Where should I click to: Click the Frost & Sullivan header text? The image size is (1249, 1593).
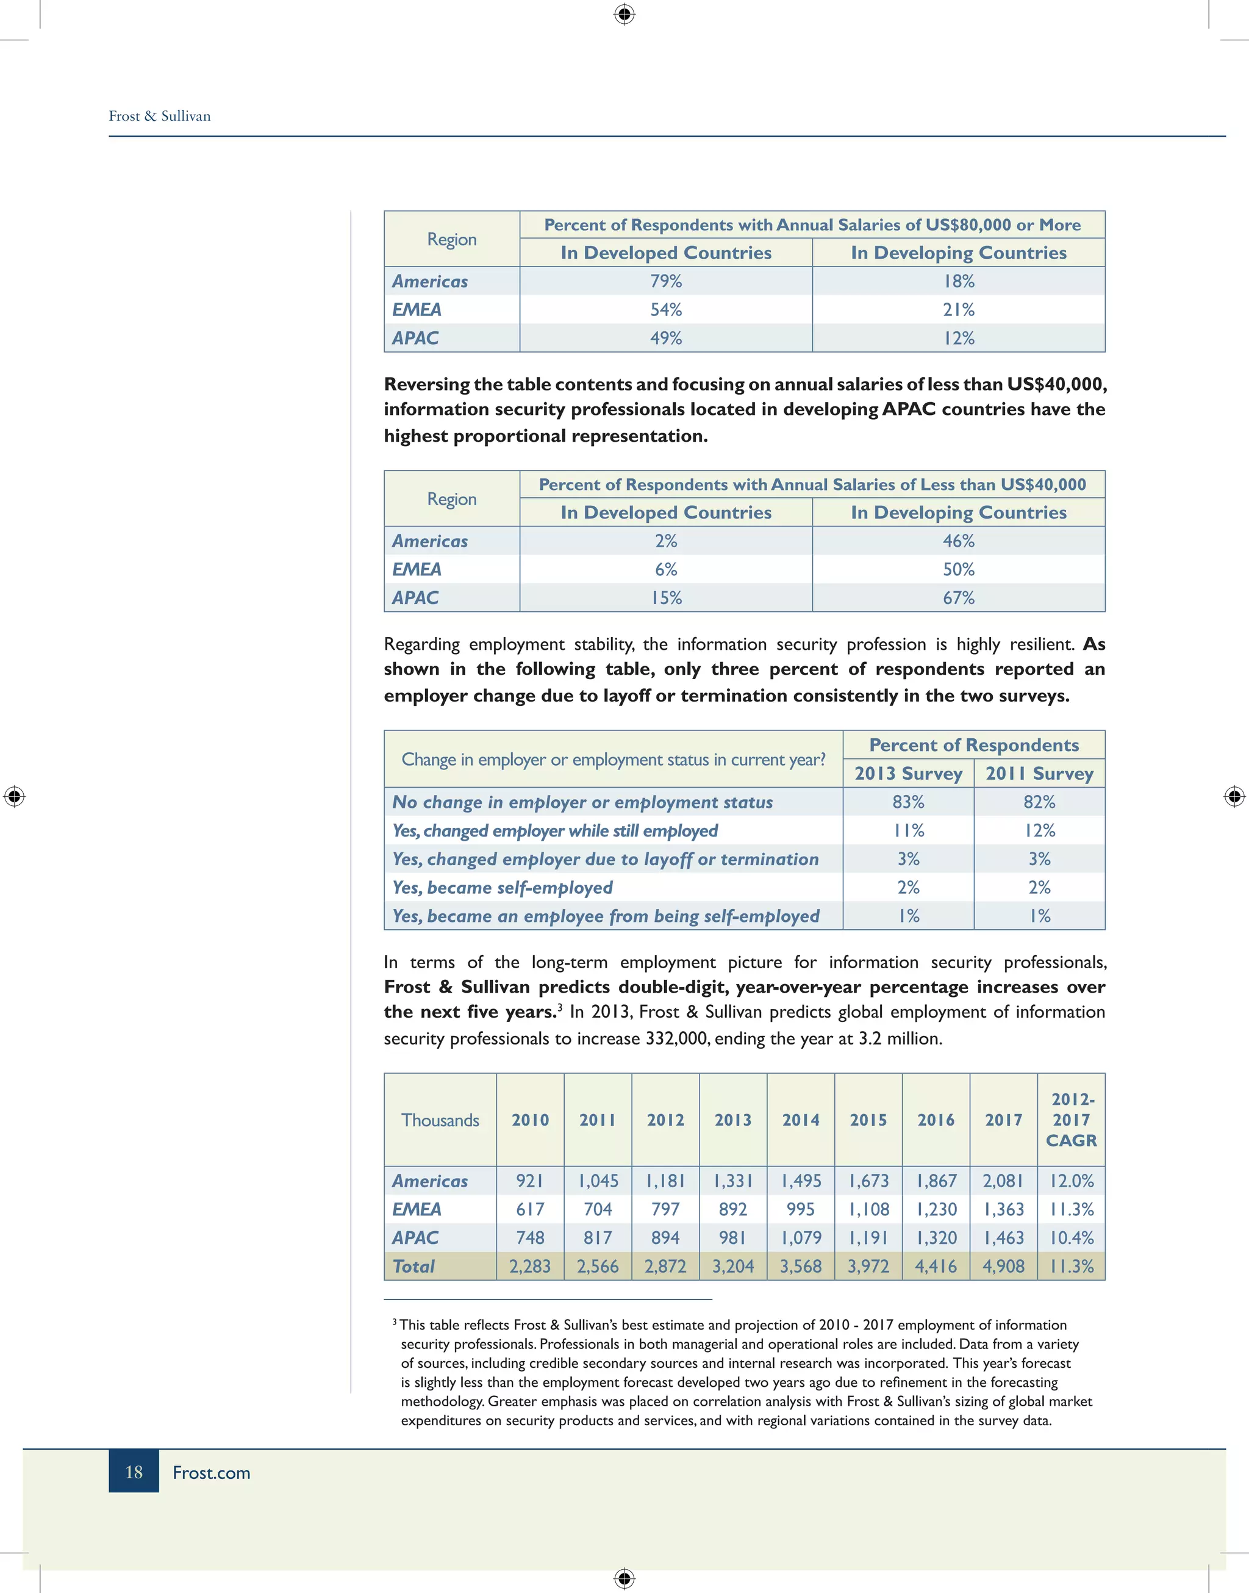159,117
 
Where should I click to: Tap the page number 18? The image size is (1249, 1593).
134,1472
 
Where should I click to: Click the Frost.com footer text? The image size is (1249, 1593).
212,1472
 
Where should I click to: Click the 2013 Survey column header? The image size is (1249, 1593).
908,773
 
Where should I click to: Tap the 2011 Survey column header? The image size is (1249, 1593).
1039,773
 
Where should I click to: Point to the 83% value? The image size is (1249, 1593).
908,802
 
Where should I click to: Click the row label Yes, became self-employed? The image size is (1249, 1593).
503,887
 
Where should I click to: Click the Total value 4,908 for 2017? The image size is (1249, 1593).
1003,1266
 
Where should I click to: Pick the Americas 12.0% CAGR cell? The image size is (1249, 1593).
1072,1181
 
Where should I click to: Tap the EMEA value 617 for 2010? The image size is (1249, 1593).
529,1209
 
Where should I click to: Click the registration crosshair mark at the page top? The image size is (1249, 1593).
624,14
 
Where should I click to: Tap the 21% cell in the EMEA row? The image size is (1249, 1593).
958,309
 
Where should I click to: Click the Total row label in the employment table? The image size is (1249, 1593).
414,1266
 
